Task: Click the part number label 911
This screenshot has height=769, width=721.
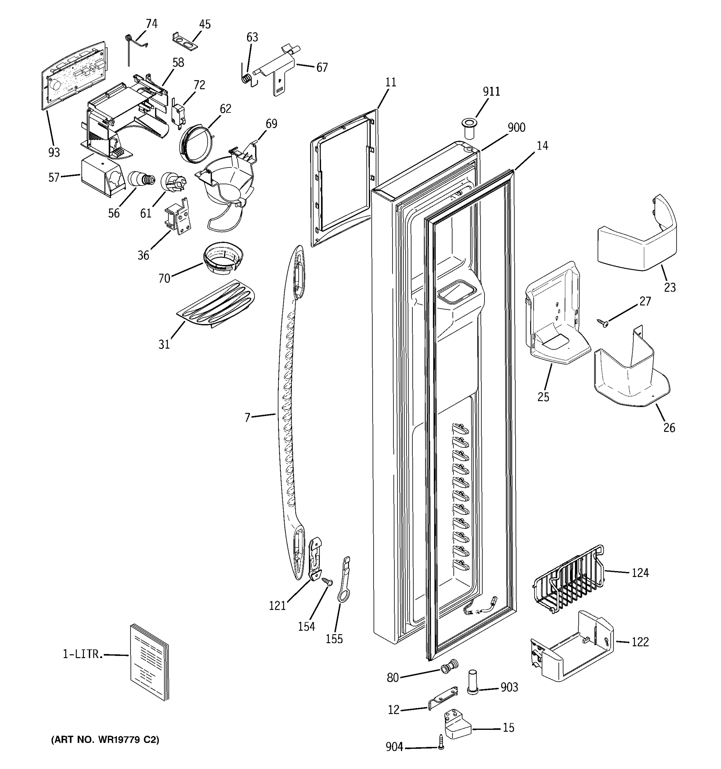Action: point(491,92)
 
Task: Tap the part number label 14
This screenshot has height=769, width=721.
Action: point(542,146)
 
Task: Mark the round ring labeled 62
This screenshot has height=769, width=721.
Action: point(196,144)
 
